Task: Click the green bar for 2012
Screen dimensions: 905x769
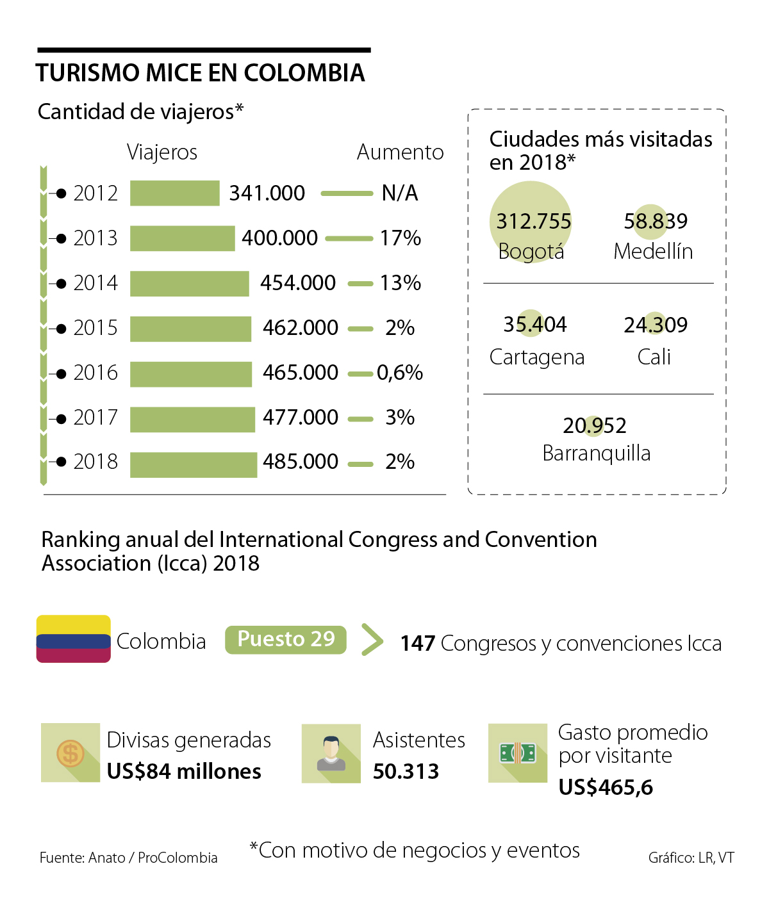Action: [x=174, y=193]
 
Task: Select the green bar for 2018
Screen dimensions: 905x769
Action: [x=193, y=465]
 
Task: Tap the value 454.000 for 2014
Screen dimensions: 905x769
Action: [x=298, y=283]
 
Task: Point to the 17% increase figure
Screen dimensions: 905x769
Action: [x=401, y=238]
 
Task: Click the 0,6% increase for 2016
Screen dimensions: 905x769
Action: [x=400, y=373]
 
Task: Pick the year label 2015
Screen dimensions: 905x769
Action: [x=95, y=328]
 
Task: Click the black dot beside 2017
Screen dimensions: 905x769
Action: [x=61, y=419]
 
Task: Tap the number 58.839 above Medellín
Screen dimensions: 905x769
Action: [x=656, y=222]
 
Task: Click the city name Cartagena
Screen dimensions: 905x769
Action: [x=537, y=357]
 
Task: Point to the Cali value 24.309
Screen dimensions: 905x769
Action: [x=656, y=325]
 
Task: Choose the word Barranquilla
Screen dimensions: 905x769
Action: [x=596, y=453]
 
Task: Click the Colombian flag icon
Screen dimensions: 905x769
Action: [x=74, y=639]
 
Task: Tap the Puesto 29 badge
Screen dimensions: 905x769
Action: [x=286, y=639]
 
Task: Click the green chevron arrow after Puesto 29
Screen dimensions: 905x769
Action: [x=372, y=639]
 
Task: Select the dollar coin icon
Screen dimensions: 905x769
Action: [x=70, y=753]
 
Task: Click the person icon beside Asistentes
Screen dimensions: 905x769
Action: [x=331, y=753]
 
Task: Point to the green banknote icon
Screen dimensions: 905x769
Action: [x=518, y=753]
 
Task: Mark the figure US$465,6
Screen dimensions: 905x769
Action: [x=606, y=787]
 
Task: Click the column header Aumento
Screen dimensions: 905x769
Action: [x=400, y=152]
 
